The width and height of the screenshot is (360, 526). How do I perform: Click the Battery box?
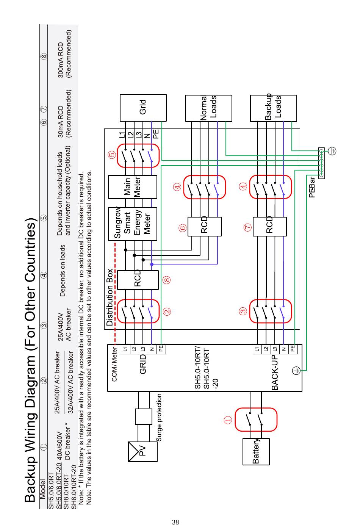256,451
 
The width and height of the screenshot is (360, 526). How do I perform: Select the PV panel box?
143,451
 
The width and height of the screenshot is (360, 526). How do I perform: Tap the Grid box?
143,108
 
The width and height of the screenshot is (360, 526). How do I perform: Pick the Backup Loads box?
273,108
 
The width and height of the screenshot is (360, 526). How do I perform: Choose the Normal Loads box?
208,108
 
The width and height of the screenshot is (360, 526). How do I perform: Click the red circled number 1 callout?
228,420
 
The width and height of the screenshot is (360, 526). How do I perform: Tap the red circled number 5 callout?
111,155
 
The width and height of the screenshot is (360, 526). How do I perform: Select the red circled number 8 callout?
167,280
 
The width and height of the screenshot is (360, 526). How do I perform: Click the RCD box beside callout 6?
205,227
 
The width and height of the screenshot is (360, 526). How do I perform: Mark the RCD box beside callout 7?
269,227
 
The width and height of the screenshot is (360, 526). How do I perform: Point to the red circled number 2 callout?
167,312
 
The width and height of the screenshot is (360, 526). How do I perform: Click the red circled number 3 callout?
243,312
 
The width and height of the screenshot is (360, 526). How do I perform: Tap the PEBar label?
312,188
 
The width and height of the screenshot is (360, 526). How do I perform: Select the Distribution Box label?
110,297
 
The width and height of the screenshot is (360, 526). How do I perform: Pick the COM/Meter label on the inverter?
114,364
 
